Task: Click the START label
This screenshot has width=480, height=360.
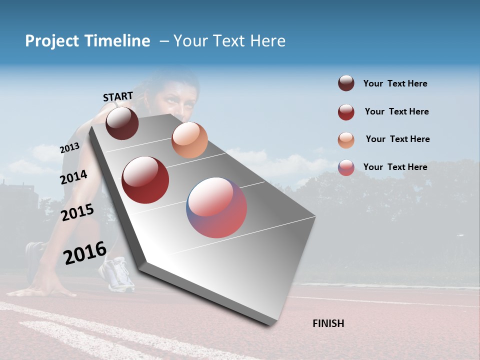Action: [118, 96]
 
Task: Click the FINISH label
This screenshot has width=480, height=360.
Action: [328, 323]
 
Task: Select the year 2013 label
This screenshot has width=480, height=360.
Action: [69, 148]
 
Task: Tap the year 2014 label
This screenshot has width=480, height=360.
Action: [73, 177]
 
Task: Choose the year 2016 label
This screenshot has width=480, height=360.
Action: [85, 252]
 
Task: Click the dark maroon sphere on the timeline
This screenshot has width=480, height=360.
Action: [122, 123]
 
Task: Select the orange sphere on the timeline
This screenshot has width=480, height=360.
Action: [189, 140]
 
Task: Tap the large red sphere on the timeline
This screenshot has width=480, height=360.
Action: [145, 180]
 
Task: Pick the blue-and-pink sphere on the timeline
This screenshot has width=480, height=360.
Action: [216, 207]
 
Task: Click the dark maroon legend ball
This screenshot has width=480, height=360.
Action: [346, 83]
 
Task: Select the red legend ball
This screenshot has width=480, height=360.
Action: [346, 112]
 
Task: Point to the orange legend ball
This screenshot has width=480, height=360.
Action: [346, 140]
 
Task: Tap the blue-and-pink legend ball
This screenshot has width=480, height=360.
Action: [346, 167]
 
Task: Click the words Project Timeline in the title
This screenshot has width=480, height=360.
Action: [87, 41]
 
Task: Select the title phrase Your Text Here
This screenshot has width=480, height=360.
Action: [229, 41]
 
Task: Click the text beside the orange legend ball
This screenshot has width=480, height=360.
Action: [397, 139]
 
